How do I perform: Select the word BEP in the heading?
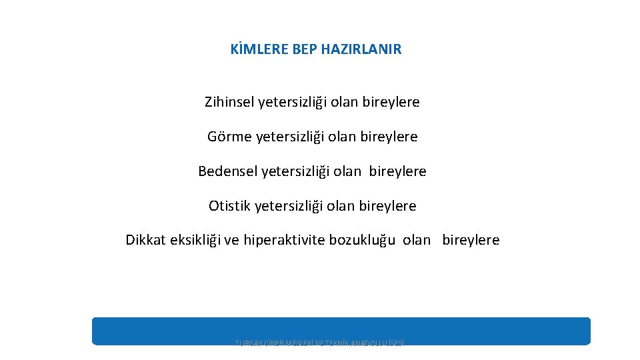[x=305, y=49]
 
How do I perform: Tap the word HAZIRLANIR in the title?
[x=361, y=49]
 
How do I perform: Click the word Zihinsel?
[x=229, y=102]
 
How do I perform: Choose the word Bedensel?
[x=227, y=171]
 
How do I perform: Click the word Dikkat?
[x=145, y=240]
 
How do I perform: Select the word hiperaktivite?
[x=284, y=240]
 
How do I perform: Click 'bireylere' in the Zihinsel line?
[x=391, y=102]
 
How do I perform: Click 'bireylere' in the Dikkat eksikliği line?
[x=471, y=240]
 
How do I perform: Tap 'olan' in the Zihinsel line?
[x=345, y=102]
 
